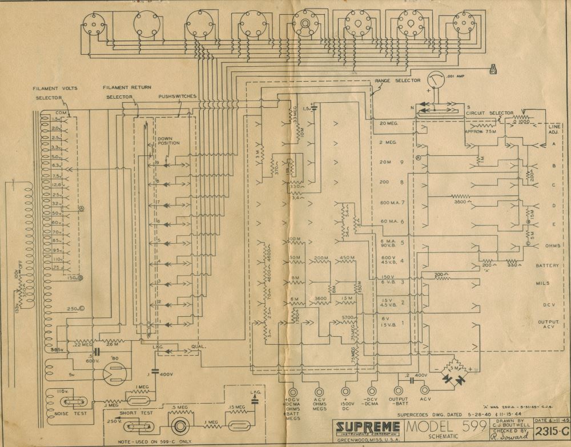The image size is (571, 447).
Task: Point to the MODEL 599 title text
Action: pos(447,426)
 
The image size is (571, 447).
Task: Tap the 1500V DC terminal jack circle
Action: pos(346,392)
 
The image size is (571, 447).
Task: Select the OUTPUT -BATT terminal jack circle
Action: pos(398,392)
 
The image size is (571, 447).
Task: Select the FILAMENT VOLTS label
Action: pos(55,88)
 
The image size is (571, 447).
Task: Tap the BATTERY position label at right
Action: pos(547,266)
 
